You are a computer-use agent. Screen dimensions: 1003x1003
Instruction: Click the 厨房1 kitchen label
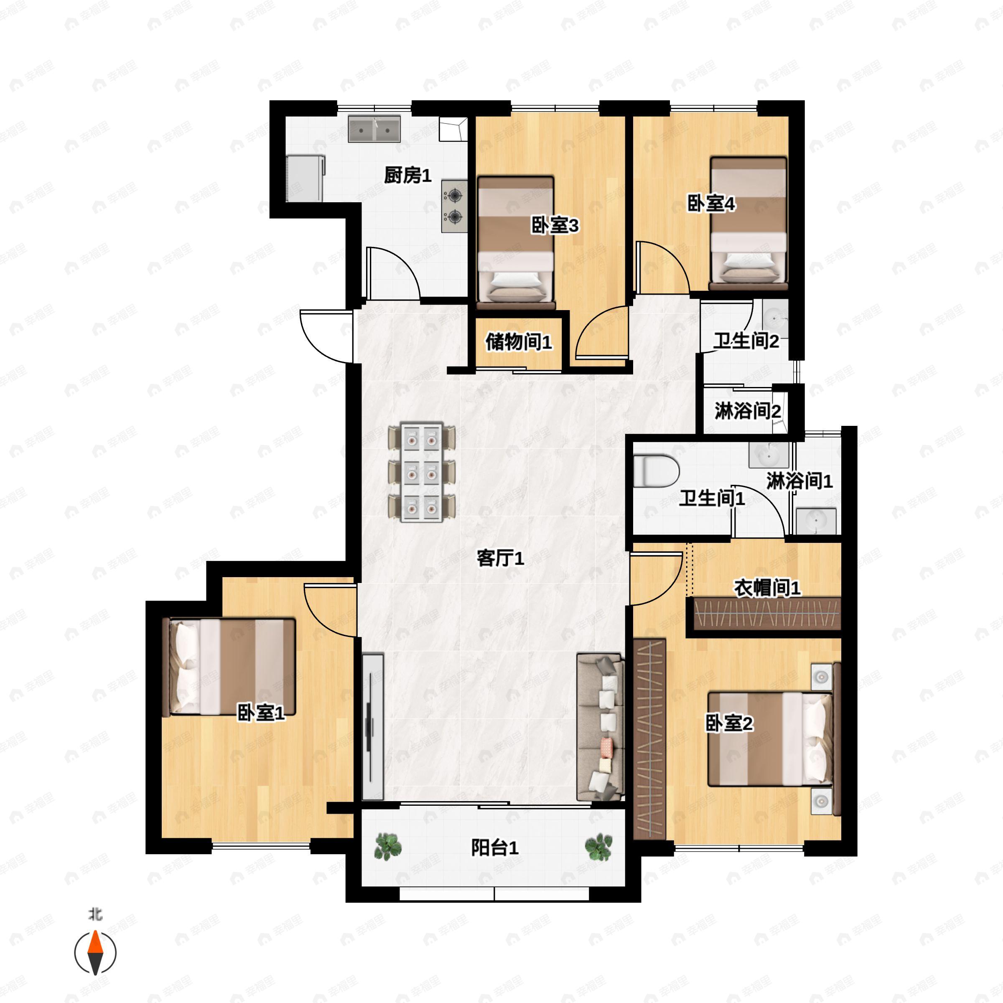point(407,175)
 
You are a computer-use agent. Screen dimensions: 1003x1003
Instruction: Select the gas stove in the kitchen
point(455,206)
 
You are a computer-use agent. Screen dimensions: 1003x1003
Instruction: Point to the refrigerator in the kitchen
point(305,178)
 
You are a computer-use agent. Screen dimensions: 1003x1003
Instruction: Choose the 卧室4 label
point(711,204)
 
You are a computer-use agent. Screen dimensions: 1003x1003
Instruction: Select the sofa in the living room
point(601,727)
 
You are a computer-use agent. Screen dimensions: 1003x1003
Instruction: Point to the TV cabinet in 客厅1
point(373,727)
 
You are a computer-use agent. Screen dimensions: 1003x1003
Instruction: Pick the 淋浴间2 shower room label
point(748,411)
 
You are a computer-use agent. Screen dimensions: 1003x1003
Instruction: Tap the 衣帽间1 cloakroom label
point(767,588)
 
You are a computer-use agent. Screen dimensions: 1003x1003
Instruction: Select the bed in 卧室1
point(229,667)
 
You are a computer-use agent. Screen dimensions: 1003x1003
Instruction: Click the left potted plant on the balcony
point(388,847)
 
